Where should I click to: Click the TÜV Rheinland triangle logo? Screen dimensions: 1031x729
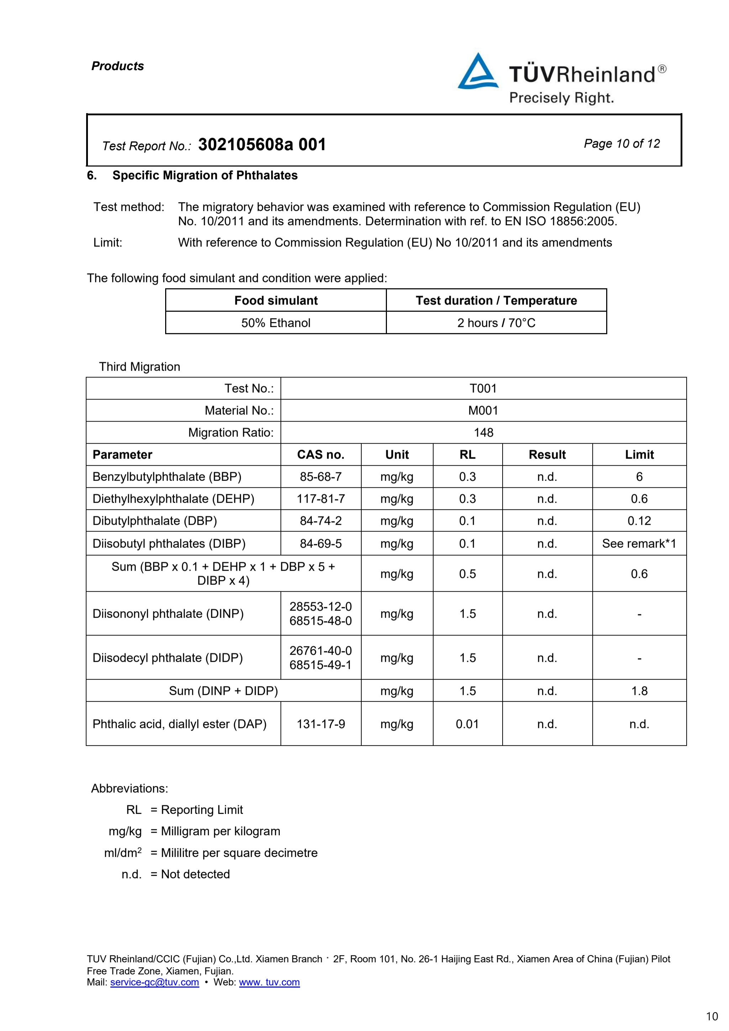click(477, 72)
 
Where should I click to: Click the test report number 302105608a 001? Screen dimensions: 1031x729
click(262, 144)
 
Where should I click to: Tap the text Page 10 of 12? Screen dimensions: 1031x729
click(622, 144)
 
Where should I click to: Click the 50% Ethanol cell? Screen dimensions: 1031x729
click(276, 323)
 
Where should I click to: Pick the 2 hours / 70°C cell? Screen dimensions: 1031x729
click(496, 323)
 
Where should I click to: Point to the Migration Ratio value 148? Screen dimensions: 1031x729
click(483, 432)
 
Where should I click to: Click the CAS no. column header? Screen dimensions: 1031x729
click(321, 454)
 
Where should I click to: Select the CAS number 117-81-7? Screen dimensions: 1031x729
click(321, 499)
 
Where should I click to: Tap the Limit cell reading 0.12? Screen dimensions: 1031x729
click(639, 521)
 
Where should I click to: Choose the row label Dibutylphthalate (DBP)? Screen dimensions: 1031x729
click(154, 521)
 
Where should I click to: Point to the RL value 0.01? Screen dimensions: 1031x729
click(467, 724)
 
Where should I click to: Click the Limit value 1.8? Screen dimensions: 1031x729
click(639, 691)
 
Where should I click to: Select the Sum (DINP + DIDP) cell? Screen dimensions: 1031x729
click(223, 691)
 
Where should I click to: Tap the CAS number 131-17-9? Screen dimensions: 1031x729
click(321, 724)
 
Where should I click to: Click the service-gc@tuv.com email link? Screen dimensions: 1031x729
click(154, 982)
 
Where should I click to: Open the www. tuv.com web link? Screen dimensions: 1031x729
click(269, 982)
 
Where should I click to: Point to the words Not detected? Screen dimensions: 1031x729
click(195, 874)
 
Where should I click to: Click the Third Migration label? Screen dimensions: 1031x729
click(140, 367)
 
